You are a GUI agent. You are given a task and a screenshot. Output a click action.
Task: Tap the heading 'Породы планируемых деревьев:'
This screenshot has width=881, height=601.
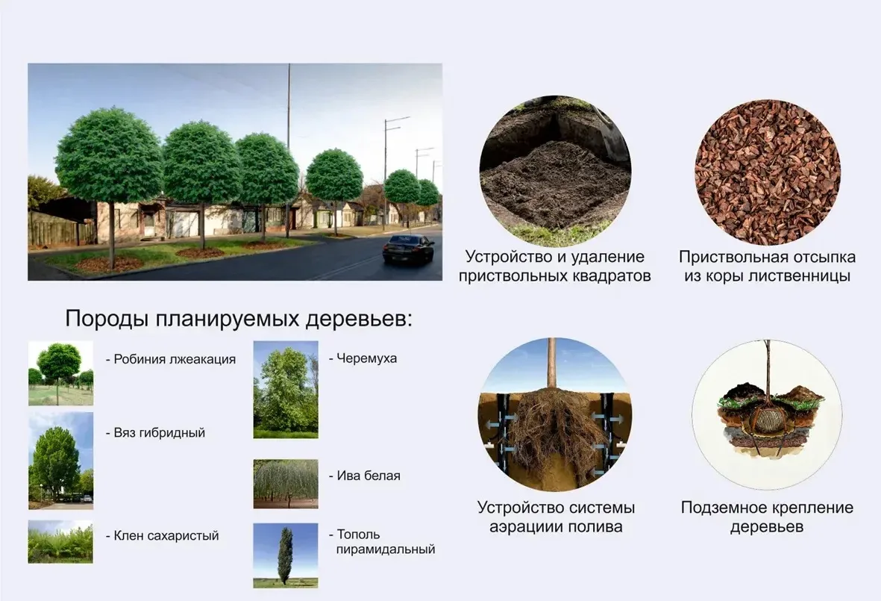tap(239, 319)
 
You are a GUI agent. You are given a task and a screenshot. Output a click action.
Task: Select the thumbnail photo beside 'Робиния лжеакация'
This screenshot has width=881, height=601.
tap(60, 373)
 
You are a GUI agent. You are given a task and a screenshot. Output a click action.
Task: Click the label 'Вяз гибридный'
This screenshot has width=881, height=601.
tap(159, 433)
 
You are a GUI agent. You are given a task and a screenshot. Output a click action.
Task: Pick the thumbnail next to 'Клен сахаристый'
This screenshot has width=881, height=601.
tap(60, 542)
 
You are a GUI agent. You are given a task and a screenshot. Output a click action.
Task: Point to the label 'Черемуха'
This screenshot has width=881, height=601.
tap(363, 358)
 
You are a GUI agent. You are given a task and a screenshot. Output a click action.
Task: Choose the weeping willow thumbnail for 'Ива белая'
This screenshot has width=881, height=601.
tap(286, 484)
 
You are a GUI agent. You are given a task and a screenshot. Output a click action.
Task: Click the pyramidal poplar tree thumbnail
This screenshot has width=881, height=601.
tap(286, 555)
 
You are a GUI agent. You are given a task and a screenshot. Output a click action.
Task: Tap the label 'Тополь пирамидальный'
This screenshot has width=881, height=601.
tap(382, 541)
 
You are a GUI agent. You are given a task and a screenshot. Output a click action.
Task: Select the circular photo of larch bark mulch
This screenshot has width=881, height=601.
tap(768, 172)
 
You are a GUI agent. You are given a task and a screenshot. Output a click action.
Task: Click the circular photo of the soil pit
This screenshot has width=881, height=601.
tap(555, 172)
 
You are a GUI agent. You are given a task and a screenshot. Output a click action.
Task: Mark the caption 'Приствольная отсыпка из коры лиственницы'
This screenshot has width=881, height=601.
tap(767, 267)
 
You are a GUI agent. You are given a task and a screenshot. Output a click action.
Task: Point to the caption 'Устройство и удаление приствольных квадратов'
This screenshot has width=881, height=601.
tap(554, 267)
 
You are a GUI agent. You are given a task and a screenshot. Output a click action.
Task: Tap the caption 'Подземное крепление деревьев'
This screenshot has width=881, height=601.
tap(767, 517)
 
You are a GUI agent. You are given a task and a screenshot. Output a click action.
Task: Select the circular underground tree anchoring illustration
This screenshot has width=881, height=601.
tap(767, 414)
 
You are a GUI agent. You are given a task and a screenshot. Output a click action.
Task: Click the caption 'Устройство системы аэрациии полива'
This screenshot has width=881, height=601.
tap(556, 517)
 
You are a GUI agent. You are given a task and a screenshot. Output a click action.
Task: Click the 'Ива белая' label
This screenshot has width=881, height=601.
tap(365, 476)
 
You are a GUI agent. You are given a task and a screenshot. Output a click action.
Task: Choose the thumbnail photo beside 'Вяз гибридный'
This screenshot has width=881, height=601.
tap(60, 461)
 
